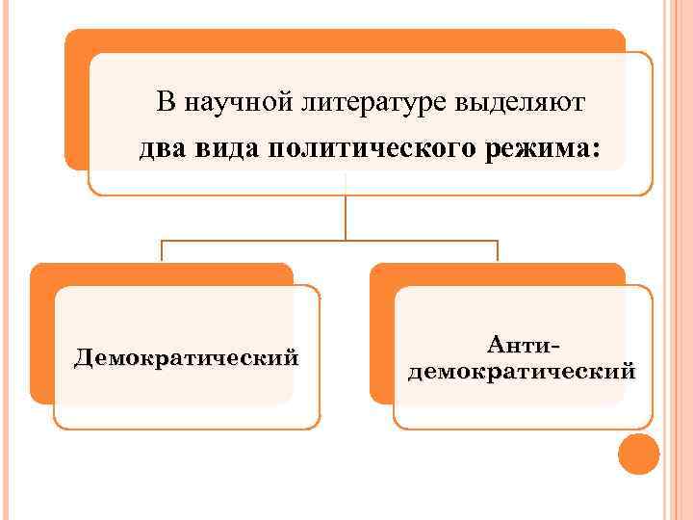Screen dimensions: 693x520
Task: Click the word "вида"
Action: [224, 149]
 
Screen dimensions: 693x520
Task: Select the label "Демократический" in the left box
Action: [187, 359]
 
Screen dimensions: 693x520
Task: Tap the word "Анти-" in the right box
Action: [523, 344]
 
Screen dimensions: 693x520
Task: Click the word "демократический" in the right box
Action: [523, 371]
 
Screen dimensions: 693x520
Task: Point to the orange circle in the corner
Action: [638, 455]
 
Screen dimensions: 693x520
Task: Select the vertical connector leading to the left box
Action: [162, 251]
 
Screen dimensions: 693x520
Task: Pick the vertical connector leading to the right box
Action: [498, 251]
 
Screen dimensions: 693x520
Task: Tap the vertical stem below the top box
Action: [345, 217]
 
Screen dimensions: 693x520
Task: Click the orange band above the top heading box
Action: [346, 39]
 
